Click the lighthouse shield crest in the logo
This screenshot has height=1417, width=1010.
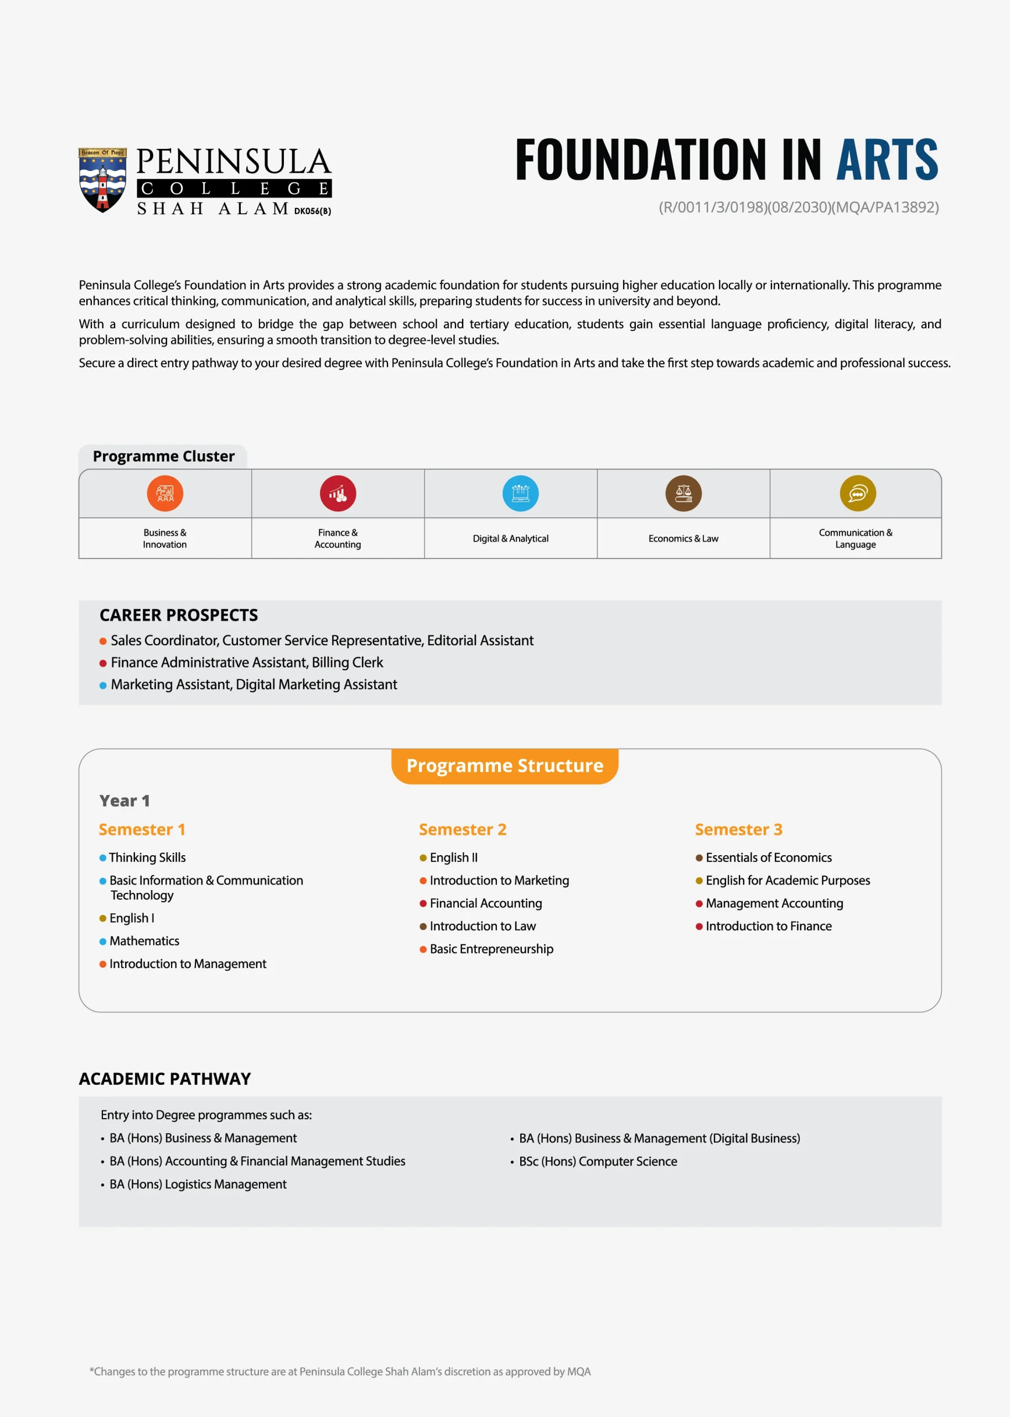point(102,180)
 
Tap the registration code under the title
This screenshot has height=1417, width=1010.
point(798,207)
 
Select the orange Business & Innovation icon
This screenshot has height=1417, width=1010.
point(165,493)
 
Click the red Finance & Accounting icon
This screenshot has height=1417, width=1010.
point(338,493)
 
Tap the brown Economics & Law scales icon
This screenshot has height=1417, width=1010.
point(683,493)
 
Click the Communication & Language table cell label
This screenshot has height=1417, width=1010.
point(855,538)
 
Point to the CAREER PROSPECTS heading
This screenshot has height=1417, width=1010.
point(179,615)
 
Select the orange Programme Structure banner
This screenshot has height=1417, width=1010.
point(504,766)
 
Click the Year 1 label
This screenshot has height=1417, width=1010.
point(125,800)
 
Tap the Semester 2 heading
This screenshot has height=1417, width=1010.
point(462,829)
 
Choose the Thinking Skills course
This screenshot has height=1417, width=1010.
point(147,857)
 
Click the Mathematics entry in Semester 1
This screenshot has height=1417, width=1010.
point(144,940)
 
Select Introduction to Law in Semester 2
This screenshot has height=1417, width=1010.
point(482,925)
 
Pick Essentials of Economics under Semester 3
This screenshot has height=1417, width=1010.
point(768,857)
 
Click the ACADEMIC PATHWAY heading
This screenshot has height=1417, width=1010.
point(165,1079)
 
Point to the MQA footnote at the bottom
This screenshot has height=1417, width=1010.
point(340,1372)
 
